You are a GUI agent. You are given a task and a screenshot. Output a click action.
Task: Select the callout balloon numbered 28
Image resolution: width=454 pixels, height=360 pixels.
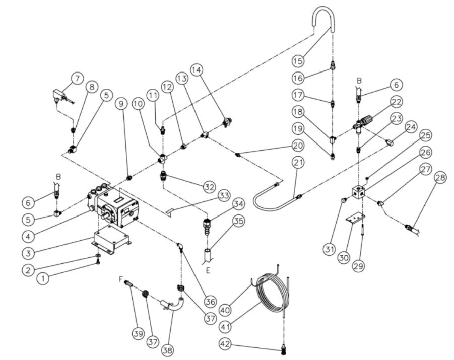click(440, 178)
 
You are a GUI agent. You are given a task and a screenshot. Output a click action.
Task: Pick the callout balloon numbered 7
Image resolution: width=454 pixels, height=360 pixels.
click(77, 79)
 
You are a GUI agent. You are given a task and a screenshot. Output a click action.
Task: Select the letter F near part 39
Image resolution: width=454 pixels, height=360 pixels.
click(120, 278)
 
